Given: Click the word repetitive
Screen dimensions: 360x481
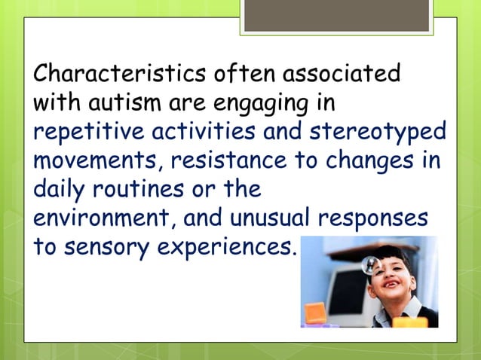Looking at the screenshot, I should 81,133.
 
